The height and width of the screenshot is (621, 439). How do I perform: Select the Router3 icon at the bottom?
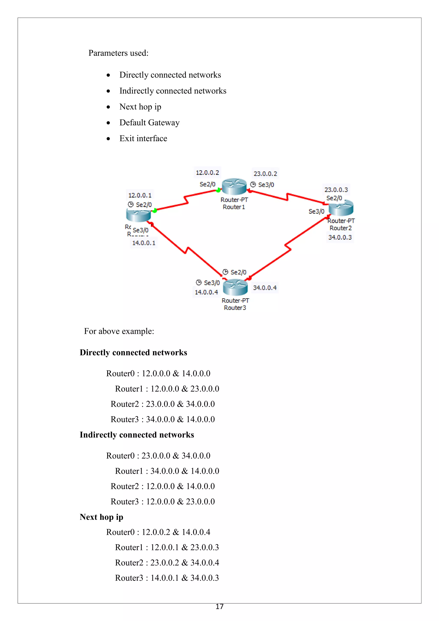[235, 287]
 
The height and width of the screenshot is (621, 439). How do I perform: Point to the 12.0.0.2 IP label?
[207, 173]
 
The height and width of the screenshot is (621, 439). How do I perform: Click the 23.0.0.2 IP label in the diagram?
[265, 174]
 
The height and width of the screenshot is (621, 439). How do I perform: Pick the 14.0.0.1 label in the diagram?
[144, 243]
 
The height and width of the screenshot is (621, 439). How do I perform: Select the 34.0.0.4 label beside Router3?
[265, 288]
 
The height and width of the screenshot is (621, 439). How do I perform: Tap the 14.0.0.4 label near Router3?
[206, 292]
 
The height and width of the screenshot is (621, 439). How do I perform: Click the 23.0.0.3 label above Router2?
[336, 190]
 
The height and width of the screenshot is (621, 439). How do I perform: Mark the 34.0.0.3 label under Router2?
[340, 237]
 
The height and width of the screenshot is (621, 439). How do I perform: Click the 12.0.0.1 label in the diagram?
[140, 195]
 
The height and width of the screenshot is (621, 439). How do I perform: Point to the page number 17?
[219, 607]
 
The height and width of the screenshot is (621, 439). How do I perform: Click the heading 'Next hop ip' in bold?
[101, 517]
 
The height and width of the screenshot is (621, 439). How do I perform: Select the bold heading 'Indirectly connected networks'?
[137, 435]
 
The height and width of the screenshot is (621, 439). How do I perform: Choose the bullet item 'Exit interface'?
[143, 139]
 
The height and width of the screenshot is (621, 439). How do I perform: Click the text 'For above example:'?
[119, 331]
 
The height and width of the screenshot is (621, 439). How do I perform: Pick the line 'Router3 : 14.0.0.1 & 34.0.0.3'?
[167, 578]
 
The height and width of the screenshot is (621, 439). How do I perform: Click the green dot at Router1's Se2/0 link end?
[218, 190]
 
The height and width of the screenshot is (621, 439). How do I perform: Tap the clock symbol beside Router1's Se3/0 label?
[253, 184]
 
